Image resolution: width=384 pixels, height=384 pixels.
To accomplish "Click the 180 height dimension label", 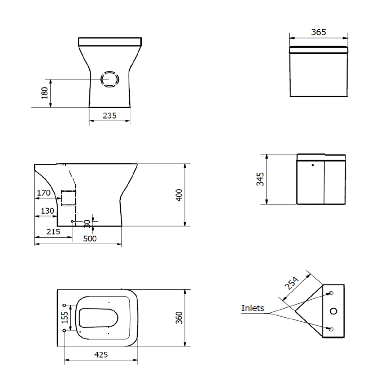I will click(45, 93).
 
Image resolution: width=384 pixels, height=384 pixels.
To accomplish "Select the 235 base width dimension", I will click(110, 116).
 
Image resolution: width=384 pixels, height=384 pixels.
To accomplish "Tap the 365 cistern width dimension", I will click(318, 32).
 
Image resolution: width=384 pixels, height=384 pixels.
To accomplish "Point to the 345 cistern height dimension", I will click(260, 179).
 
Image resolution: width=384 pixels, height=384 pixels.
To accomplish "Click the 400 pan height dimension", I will click(179, 195).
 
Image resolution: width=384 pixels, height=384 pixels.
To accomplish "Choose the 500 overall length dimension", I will click(90, 238).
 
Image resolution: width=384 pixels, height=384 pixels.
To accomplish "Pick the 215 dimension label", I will click(53, 232).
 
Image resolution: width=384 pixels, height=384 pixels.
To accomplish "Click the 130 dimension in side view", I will click(47, 211).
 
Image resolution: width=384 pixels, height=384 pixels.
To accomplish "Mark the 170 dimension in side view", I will click(44, 193).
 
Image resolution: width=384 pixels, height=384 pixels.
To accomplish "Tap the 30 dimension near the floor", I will click(86, 224).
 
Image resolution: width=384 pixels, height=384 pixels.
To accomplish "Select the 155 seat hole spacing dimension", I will click(64, 317).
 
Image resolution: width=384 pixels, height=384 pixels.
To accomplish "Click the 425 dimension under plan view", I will click(101, 355).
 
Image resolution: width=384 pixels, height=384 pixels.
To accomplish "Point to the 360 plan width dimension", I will click(179, 318).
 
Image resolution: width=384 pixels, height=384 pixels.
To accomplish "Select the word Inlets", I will click(253, 308).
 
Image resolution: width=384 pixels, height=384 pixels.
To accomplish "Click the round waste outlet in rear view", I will click(110, 79).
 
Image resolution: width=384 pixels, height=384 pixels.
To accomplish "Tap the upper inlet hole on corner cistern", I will click(331, 293).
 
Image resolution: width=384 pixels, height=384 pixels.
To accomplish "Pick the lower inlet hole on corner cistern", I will click(331, 329).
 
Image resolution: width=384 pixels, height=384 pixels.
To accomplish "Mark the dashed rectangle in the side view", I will click(68, 198).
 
